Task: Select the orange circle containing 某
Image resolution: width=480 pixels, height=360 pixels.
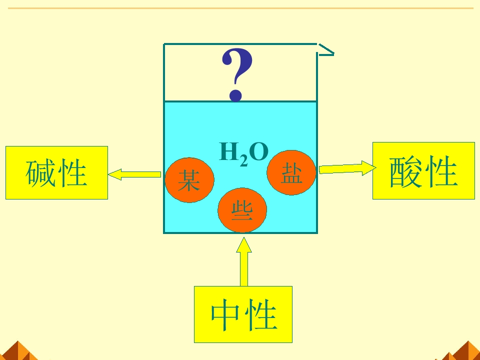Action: click(x=189, y=180)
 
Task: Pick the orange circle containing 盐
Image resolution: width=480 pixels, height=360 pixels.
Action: click(x=291, y=172)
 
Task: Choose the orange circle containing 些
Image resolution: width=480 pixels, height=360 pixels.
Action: click(x=242, y=210)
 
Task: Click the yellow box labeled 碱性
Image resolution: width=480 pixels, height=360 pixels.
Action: click(x=56, y=172)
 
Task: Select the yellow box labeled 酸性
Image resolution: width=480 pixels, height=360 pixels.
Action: click(x=423, y=171)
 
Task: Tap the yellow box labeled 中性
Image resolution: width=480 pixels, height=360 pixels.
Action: click(x=243, y=314)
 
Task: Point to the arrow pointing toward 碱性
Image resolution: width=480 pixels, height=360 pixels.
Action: click(x=134, y=174)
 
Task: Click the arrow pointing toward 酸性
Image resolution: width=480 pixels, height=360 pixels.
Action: click(x=347, y=168)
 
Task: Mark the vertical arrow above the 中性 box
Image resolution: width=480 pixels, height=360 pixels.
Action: click(x=244, y=261)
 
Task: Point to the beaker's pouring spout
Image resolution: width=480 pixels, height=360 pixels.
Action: click(x=325, y=50)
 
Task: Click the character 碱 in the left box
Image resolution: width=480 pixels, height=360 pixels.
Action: click(x=40, y=172)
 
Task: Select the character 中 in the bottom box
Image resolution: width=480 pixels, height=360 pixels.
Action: click(x=225, y=315)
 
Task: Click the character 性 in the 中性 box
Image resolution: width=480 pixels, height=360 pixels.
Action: click(x=261, y=314)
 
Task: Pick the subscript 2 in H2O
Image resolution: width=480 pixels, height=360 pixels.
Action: click(x=243, y=161)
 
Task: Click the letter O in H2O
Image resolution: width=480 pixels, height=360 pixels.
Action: click(x=259, y=152)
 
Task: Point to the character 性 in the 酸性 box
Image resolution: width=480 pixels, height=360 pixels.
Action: click(x=441, y=171)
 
